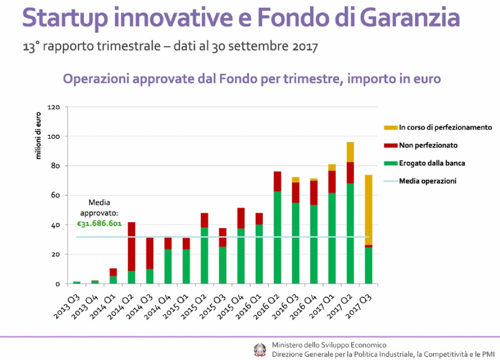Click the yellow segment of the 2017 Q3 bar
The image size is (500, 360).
[368, 210]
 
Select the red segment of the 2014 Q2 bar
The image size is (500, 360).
[131, 247]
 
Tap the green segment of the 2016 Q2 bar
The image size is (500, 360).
[277, 237]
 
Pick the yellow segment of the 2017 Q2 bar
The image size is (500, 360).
[350, 152]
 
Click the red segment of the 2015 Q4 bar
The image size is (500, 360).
[241, 218]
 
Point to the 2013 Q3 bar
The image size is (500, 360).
[76, 283]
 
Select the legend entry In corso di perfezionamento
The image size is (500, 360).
[438, 127]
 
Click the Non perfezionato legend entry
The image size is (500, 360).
[421, 145]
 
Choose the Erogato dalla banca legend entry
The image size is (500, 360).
[425, 163]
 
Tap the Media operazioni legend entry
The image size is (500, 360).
[420, 181]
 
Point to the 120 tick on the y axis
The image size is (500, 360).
[54, 107]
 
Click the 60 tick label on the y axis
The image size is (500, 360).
[55, 195]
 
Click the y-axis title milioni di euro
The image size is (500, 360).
[38, 136]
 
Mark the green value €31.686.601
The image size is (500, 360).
[99, 223]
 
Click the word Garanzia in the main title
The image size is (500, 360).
[410, 17]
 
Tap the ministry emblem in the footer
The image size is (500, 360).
[260, 350]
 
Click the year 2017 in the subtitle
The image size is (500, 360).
[305, 47]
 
